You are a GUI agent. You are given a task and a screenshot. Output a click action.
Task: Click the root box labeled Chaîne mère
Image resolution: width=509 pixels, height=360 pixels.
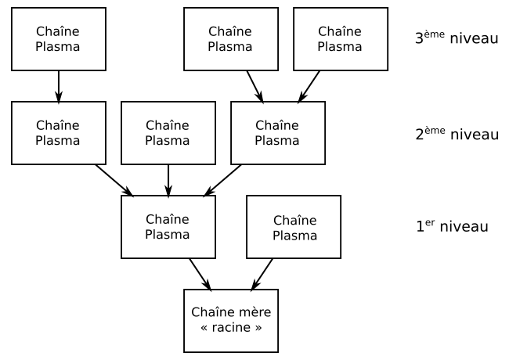click(x=230, y=320)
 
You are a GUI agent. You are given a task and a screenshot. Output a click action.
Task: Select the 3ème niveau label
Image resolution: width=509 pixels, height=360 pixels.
click(x=456, y=38)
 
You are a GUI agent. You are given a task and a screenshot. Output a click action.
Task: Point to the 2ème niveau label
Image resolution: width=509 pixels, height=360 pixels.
click(x=456, y=133)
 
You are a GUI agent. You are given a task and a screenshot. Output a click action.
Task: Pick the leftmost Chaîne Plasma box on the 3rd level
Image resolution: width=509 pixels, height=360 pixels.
click(x=58, y=38)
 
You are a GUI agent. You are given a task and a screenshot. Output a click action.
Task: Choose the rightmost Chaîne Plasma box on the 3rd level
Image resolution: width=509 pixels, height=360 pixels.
click(x=340, y=38)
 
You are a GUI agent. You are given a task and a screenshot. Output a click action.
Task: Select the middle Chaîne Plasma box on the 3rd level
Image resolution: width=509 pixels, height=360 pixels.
click(x=230, y=38)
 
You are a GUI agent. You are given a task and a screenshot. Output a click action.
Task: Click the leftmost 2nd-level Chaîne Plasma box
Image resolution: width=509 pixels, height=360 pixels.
click(x=58, y=133)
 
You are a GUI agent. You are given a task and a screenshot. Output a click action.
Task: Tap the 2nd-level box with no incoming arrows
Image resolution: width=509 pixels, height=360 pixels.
click(x=168, y=133)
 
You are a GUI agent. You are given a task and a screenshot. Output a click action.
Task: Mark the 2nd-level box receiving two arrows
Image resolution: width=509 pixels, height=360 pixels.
click(x=277, y=133)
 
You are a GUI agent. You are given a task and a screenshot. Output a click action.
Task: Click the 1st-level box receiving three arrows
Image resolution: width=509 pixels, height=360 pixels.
click(x=168, y=227)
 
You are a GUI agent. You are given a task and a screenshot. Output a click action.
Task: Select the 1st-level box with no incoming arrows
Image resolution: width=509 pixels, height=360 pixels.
click(x=293, y=227)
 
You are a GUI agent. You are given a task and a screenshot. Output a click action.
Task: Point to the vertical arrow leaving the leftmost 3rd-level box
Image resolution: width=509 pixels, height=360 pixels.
click(x=58, y=86)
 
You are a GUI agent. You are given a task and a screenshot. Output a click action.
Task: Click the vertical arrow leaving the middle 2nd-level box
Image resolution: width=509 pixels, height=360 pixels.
click(x=168, y=180)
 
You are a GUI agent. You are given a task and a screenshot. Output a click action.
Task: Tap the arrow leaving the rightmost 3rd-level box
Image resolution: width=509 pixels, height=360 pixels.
click(x=309, y=86)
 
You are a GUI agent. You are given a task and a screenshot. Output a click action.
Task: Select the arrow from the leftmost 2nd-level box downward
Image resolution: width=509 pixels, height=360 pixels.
click(x=114, y=180)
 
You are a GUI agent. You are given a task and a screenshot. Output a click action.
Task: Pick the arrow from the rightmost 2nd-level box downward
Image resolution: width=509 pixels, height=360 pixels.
click(x=222, y=180)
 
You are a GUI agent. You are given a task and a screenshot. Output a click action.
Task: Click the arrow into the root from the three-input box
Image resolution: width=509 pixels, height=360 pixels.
click(x=200, y=274)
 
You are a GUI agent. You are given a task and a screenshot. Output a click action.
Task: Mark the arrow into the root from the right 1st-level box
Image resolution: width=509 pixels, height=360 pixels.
click(x=262, y=274)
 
